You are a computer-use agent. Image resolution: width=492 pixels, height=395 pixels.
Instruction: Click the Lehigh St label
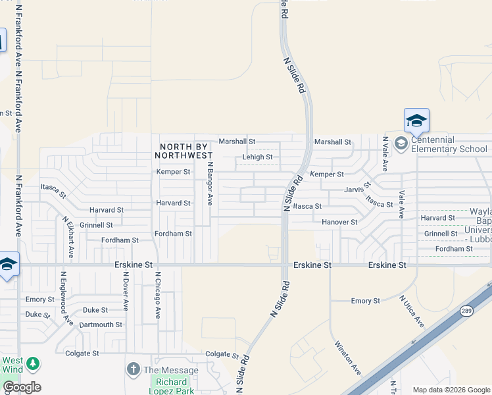257,157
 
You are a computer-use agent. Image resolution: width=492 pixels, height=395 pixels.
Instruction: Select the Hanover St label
339,223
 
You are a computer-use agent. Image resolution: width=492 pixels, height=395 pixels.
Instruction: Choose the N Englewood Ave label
66,298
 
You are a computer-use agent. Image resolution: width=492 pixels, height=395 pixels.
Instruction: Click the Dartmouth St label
101,325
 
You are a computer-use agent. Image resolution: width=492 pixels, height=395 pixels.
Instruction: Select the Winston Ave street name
347,357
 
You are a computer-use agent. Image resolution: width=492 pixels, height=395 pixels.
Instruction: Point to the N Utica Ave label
412,311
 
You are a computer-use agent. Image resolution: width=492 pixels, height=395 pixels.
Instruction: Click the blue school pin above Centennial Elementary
416,121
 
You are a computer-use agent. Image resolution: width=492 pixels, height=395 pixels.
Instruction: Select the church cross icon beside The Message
133,369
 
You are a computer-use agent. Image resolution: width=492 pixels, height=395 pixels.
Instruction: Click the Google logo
22,387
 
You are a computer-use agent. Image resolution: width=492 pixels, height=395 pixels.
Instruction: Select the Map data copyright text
451,390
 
